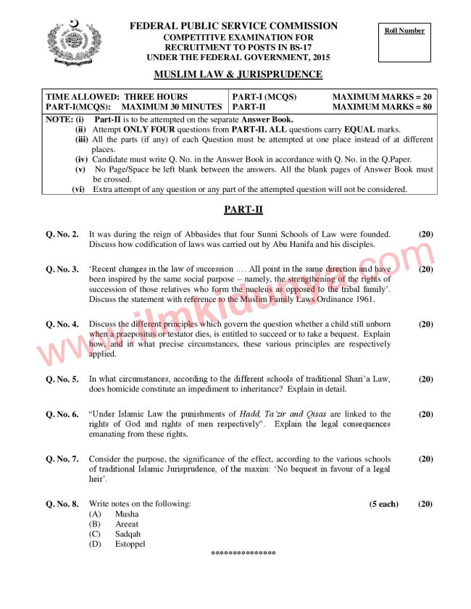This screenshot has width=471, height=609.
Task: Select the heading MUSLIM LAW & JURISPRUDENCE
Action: click(238, 75)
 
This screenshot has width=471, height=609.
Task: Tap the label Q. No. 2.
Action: click(62, 235)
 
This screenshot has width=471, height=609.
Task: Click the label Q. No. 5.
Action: click(62, 379)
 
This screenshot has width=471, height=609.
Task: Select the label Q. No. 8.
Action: click(62, 504)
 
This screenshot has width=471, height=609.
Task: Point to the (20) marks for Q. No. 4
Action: click(425, 324)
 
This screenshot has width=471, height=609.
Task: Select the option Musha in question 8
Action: click(126, 514)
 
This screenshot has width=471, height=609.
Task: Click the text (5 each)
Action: click(384, 504)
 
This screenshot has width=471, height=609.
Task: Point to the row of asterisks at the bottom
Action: click(243, 554)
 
